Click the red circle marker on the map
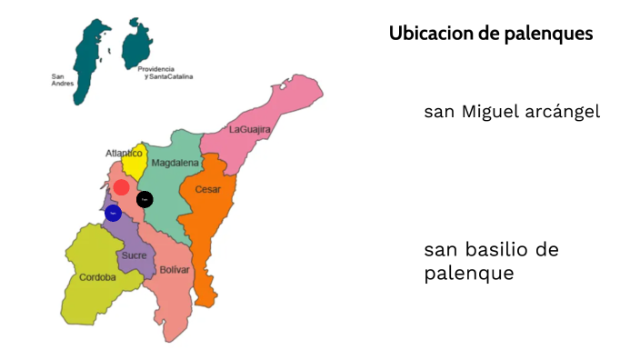[x=121, y=187]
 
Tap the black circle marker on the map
[x=145, y=199]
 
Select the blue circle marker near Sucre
[x=113, y=214]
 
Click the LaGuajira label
[x=250, y=130]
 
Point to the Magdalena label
[x=175, y=164]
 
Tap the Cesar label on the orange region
[x=208, y=190]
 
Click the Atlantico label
[x=124, y=154]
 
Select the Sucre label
[x=134, y=255]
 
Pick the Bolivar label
[x=175, y=270]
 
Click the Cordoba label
[x=97, y=277]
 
